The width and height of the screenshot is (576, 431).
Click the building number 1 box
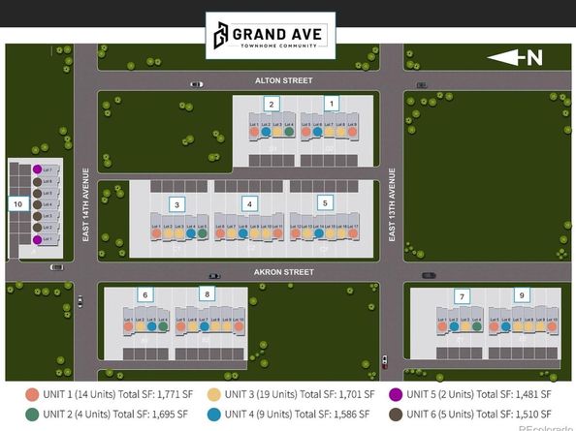coord(332,103)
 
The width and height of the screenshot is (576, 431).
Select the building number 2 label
coord(272,104)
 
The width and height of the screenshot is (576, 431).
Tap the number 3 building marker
coord(176,203)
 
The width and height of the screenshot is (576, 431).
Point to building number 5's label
coord(326,203)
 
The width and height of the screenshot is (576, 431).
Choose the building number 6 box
coord(144,294)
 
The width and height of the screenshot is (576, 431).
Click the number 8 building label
coord(206,294)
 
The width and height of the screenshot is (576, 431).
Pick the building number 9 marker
coord(463,294)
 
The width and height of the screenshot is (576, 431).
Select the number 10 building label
coord(17,204)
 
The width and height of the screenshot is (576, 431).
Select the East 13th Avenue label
coord(392,204)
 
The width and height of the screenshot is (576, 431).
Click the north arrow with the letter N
coord(514,58)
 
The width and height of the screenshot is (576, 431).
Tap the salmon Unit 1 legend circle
coord(33,394)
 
